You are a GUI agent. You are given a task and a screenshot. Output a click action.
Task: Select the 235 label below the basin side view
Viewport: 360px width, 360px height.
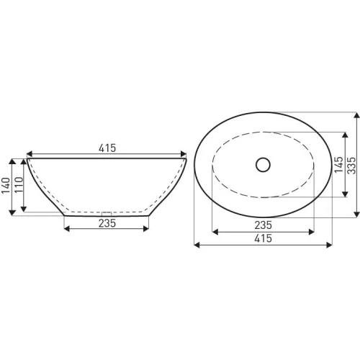click(107, 223)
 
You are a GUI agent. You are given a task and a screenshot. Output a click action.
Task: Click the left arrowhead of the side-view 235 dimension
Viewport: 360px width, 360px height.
click(67, 229)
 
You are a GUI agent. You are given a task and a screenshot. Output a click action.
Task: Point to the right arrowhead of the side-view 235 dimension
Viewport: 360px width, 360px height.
click(147, 229)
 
